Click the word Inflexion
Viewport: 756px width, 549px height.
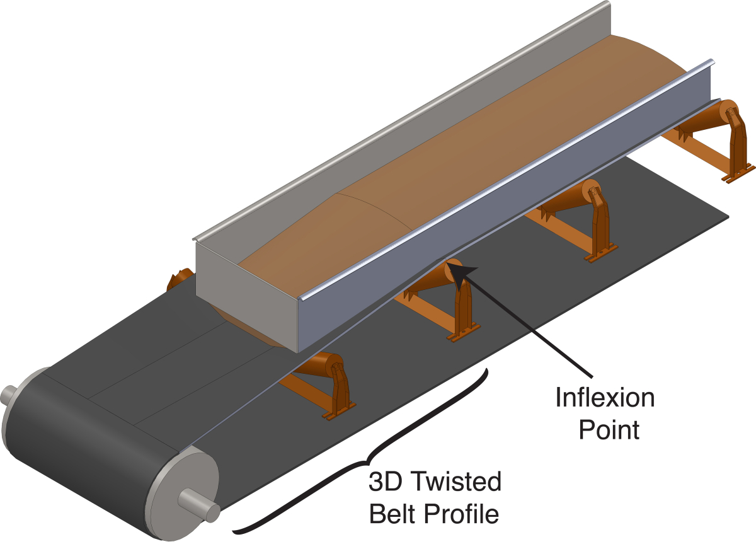605,399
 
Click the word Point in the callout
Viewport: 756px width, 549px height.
609,430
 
